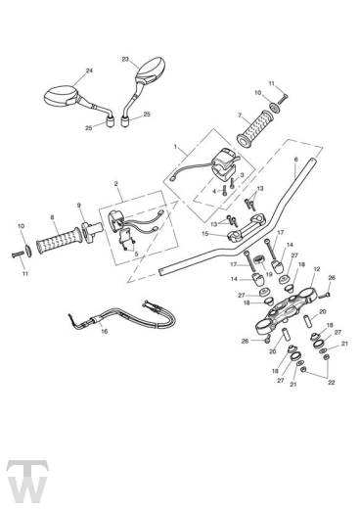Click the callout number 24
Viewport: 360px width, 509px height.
[x=89, y=71]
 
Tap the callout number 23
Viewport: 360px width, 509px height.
[x=125, y=60]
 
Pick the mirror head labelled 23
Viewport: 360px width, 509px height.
[x=152, y=71]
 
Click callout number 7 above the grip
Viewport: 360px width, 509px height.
[x=238, y=115]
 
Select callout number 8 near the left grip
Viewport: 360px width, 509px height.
[x=52, y=218]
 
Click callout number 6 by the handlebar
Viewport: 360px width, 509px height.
[x=295, y=158]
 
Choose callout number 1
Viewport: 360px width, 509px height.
[x=175, y=148]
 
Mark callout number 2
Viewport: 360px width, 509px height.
[x=115, y=184]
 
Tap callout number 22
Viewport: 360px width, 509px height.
[x=330, y=382]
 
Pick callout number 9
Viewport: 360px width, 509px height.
[x=80, y=206]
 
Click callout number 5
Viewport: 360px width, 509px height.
[x=136, y=254]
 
